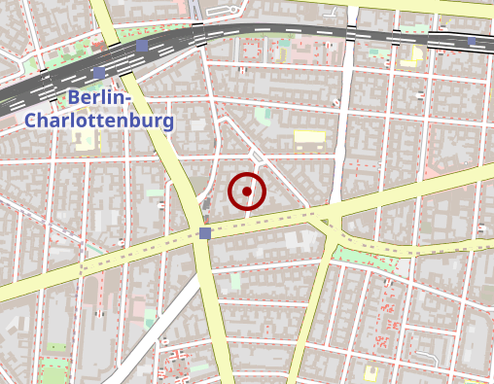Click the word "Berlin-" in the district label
click(x=101, y=98)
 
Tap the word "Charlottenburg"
click(x=99, y=121)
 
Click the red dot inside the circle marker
click(x=247, y=192)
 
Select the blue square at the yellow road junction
click(x=204, y=233)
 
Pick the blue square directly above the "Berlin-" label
click(x=99, y=73)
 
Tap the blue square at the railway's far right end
click(x=474, y=41)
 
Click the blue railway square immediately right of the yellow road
click(x=143, y=46)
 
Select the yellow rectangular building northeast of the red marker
click(x=308, y=137)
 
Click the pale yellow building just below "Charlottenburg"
click(x=84, y=142)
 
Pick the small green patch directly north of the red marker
click(x=262, y=117)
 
